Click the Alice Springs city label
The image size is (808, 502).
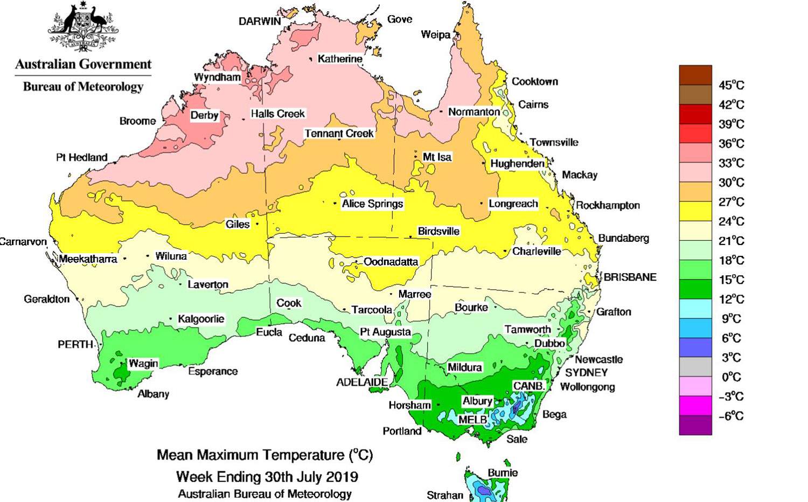pyautogui.click(x=372, y=204)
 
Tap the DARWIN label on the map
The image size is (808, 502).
pyautogui.click(x=260, y=21)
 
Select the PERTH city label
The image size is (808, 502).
pyautogui.click(x=75, y=344)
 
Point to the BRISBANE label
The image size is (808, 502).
pyautogui.click(x=630, y=277)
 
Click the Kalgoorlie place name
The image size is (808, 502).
pyautogui.click(x=201, y=319)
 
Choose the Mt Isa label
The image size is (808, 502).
pyautogui.click(x=437, y=157)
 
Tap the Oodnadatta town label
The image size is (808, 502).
pyautogui.click(x=391, y=262)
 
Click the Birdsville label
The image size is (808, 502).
pyautogui.click(x=438, y=231)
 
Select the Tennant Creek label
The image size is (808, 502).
pyautogui.click(x=339, y=133)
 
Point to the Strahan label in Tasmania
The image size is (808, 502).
pyautogui.click(x=444, y=495)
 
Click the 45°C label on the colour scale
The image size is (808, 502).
pyautogui.click(x=731, y=85)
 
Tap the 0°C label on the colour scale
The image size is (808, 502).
pyautogui.click(x=731, y=377)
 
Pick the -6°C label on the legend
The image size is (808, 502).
pyautogui.click(x=731, y=416)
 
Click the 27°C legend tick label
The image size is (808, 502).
pyautogui.click(x=731, y=202)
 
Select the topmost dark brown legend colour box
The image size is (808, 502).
pyautogui.click(x=695, y=75)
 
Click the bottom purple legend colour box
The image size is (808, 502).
pyautogui.click(x=695, y=425)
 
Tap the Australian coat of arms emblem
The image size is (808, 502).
pyautogui.click(x=83, y=27)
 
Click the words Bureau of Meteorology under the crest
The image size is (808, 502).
pyautogui.click(x=83, y=87)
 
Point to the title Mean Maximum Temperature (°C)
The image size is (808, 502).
pyautogui.click(x=264, y=455)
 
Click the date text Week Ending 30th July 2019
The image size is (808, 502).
pyautogui.click(x=267, y=477)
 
